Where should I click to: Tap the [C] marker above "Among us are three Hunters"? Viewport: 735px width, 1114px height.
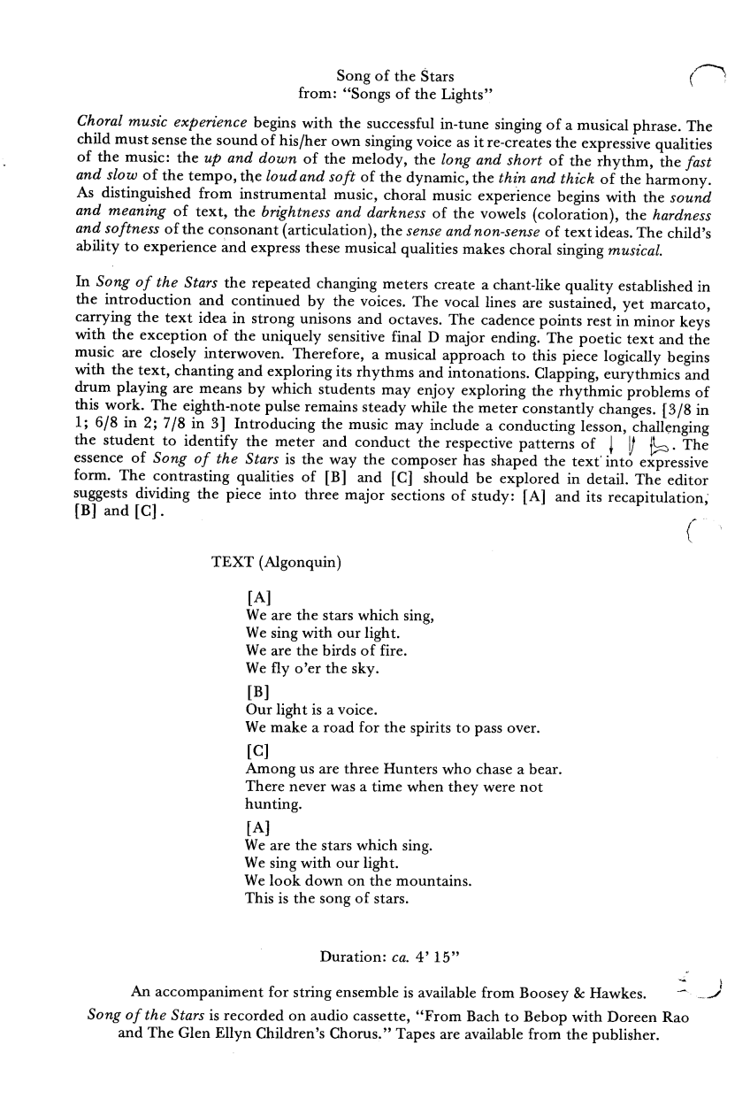(x=257, y=749)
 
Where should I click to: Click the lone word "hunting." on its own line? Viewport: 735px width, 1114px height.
(x=273, y=804)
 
